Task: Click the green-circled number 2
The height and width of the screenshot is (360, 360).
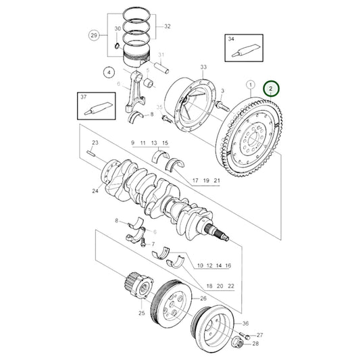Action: [271, 88]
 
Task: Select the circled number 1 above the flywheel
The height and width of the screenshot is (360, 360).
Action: [250, 86]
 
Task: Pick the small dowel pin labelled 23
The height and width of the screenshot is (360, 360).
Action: [91, 153]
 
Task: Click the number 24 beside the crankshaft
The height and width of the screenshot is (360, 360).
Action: [95, 191]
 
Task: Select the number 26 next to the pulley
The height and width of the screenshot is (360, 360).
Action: [203, 298]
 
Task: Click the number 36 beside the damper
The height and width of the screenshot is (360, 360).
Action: [245, 324]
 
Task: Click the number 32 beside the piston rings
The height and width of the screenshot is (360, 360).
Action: [167, 27]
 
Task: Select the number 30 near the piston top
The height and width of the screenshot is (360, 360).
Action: [117, 29]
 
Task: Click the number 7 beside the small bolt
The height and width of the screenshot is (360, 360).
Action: [153, 243]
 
